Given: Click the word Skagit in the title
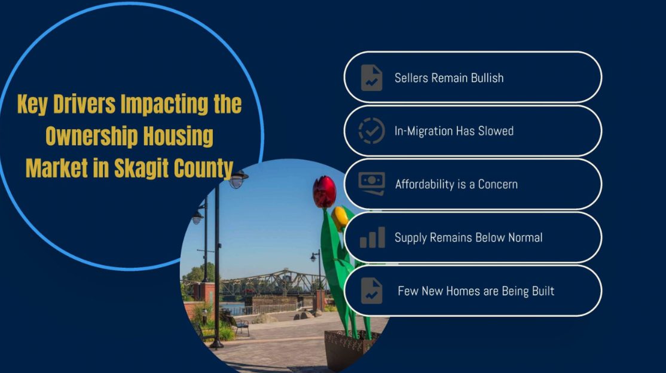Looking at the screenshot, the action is click(x=142, y=168).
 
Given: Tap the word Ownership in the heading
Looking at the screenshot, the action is click(x=91, y=136).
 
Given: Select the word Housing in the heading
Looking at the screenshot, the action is click(x=178, y=136).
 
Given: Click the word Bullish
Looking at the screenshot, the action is click(x=487, y=78).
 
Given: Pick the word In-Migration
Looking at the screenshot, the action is click(x=423, y=131).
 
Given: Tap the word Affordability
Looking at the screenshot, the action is click(x=419, y=184).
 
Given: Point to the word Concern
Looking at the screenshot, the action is click(x=498, y=184).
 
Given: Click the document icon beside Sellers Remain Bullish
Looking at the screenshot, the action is click(x=372, y=78).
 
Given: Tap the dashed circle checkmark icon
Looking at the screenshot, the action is click(x=372, y=131).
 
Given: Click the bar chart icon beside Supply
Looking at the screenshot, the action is click(x=372, y=237).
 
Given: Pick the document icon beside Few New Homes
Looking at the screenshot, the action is click(x=372, y=291).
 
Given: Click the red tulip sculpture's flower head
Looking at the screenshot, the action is click(x=325, y=192).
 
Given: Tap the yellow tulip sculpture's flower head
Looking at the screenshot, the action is click(x=340, y=218).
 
